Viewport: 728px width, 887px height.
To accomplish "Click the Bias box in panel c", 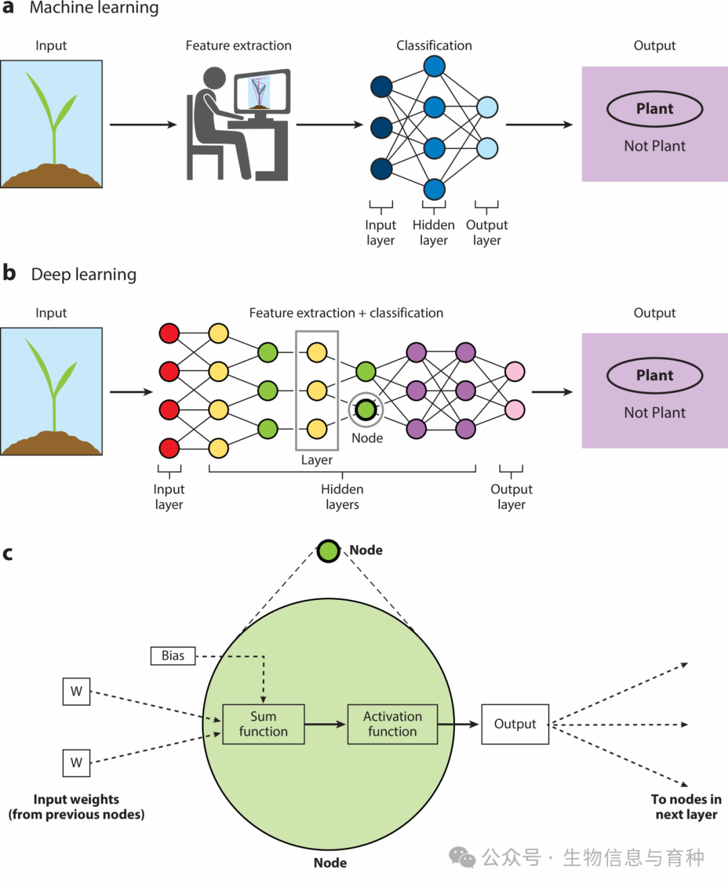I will (173, 656).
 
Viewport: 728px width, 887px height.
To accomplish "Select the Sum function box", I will (264, 725).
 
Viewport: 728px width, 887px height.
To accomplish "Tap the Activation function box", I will (392, 725).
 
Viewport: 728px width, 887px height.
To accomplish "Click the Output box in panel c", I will (515, 725).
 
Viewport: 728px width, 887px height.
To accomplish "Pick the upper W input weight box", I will (76, 692).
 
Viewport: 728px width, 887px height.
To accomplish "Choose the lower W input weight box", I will (76, 763).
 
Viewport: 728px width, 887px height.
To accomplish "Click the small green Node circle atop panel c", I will (328, 551).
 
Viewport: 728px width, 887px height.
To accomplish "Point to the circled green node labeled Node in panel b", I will (366, 410).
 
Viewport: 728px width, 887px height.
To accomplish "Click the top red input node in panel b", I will (169, 333).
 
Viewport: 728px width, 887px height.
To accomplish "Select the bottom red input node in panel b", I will (169, 448).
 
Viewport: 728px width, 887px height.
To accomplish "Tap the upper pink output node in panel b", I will (515, 371).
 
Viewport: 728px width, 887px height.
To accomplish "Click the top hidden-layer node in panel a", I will (434, 66).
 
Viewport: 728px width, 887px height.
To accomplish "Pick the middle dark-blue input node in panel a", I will (382, 127).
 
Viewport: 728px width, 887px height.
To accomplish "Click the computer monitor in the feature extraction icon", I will (262, 92).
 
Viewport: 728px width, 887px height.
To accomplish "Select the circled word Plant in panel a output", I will (655, 109).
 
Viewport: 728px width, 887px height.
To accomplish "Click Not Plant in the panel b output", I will (655, 413).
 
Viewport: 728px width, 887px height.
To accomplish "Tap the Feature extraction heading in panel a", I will (239, 46).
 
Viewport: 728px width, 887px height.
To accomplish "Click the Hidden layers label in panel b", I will (342, 497).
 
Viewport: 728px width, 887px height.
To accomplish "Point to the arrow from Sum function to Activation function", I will (326, 725).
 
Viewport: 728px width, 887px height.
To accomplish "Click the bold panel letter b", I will (9, 273).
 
